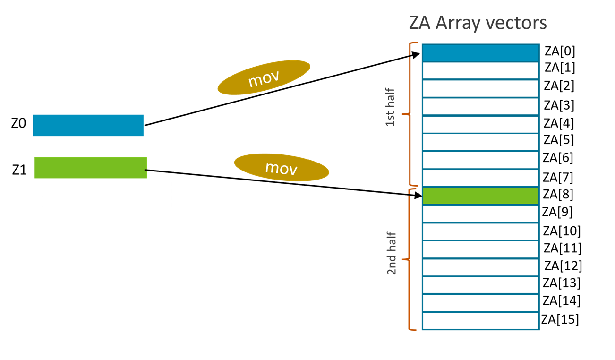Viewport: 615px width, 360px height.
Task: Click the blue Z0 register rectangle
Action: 88,125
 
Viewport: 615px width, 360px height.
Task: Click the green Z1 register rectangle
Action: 91,168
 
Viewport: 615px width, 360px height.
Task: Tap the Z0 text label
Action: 19,124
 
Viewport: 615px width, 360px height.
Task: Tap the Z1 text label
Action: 19,170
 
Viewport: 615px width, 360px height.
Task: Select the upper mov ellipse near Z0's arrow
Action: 264,77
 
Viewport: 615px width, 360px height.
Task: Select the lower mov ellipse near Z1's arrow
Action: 281,167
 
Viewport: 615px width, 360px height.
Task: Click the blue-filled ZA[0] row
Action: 480,52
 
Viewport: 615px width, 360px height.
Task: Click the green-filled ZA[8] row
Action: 480,196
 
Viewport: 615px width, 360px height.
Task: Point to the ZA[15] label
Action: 560,319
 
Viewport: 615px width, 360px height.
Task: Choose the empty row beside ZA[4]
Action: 480,124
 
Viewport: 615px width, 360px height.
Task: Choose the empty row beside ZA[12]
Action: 480,267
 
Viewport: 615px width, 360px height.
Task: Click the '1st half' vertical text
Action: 390,113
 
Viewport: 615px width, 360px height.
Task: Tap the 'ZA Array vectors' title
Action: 478,23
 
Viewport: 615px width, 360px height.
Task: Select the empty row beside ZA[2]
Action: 480,88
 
